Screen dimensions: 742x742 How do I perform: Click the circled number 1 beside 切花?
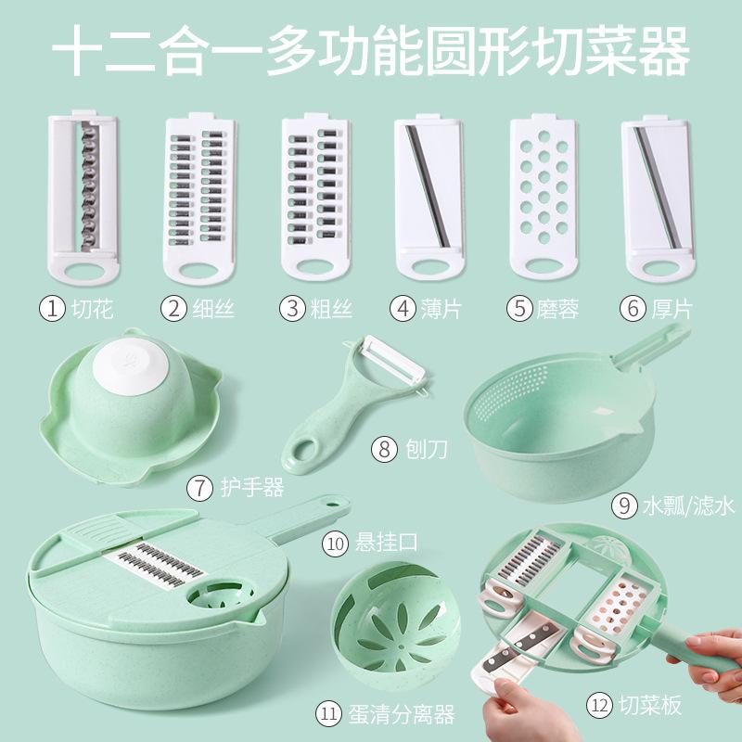(54, 308)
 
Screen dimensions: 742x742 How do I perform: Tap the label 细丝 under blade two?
(209, 308)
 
